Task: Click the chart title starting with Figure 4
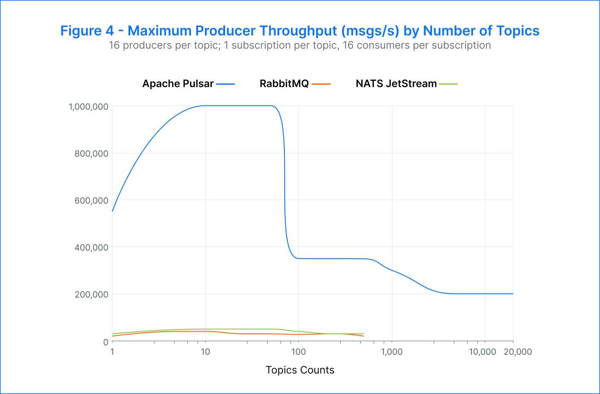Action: (300, 31)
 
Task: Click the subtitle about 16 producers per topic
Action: (300, 45)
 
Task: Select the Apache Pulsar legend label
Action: (178, 84)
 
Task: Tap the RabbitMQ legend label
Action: (284, 84)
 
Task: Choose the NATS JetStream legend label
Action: (396, 84)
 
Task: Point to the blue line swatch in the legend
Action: (225, 84)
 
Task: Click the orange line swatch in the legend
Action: (321, 84)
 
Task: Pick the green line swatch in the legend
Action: (448, 84)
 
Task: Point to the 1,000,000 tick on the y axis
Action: (88, 106)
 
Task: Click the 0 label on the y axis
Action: (105, 341)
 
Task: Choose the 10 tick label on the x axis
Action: (205, 352)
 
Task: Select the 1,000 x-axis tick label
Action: (392, 352)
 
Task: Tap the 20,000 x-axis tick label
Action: (518, 352)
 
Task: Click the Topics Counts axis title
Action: (300, 370)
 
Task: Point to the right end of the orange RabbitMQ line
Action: (363, 336)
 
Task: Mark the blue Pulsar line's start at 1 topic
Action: (112, 211)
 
